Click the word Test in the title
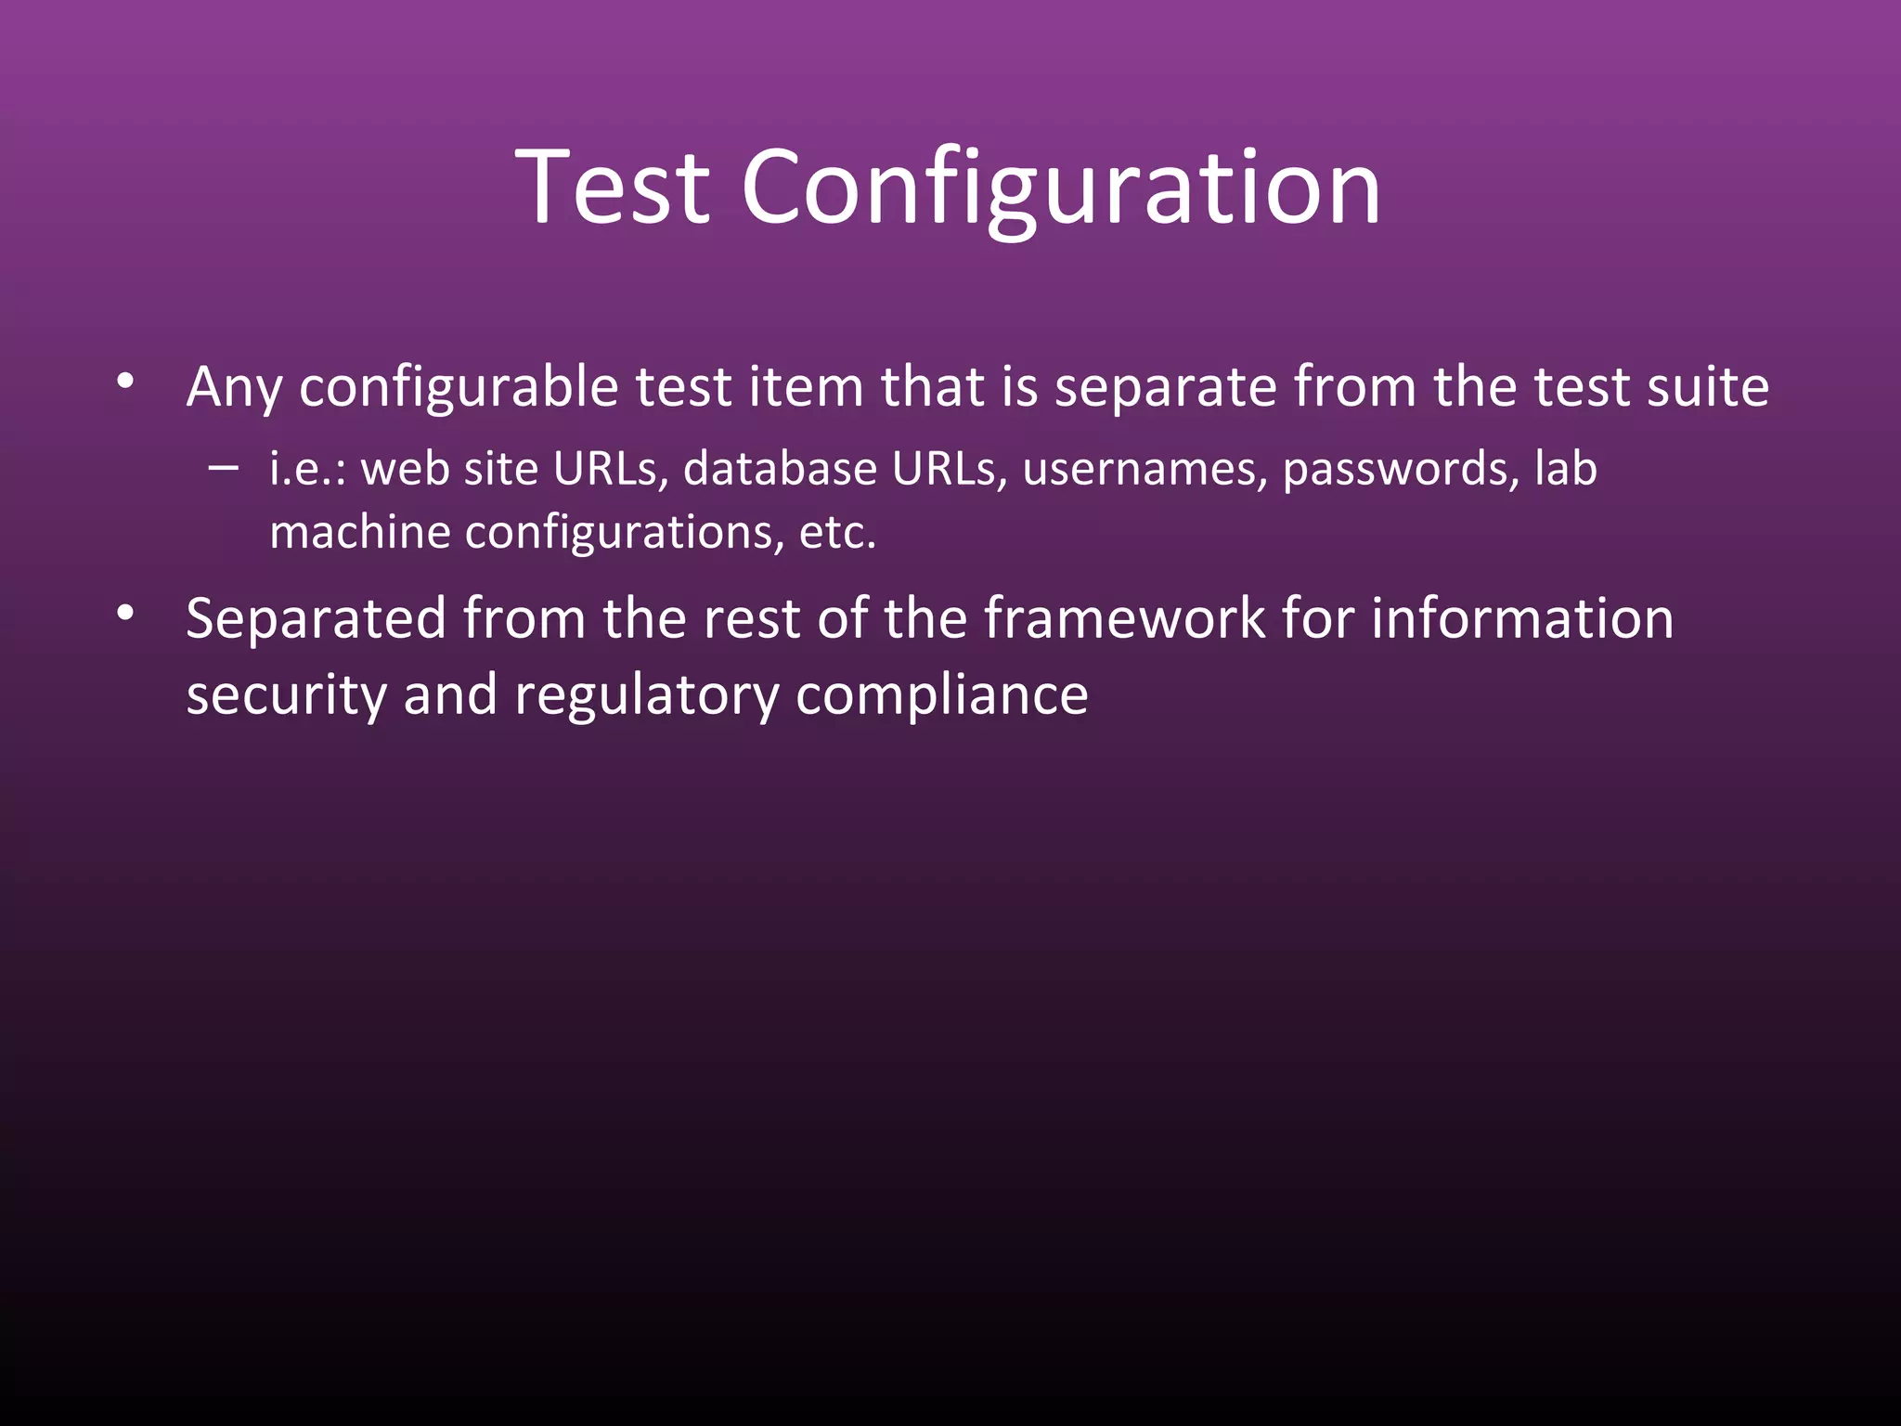[x=613, y=188]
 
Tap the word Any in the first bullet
[x=233, y=388]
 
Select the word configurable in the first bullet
[x=459, y=388]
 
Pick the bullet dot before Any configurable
[x=126, y=382]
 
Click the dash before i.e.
[x=223, y=467]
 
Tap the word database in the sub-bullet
[x=780, y=469]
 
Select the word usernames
[x=1144, y=469]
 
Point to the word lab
[x=1565, y=468]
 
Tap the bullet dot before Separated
[x=126, y=614]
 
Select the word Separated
[x=316, y=620]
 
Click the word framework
[x=1124, y=618]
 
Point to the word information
[x=1522, y=618]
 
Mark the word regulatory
[x=646, y=696]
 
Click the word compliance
[x=941, y=696]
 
